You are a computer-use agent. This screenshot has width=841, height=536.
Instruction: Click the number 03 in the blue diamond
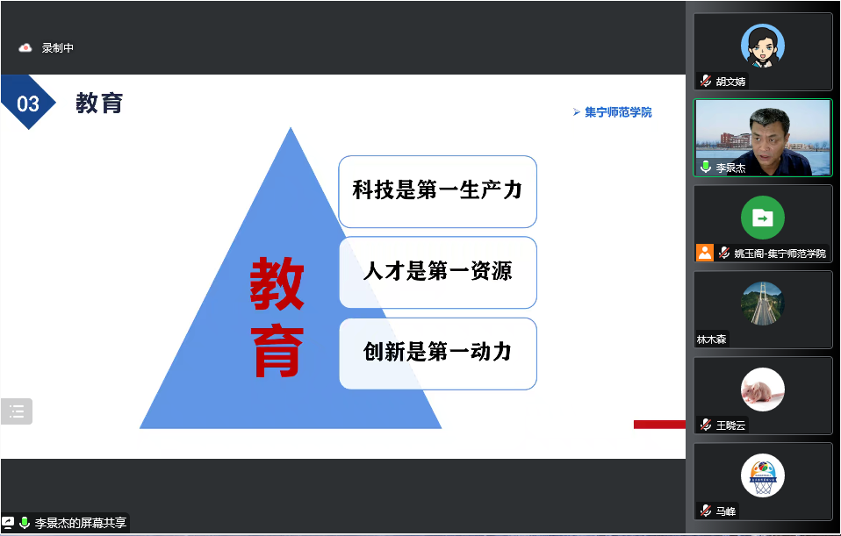click(x=28, y=104)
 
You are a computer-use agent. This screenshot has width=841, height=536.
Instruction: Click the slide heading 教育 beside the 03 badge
click(x=99, y=103)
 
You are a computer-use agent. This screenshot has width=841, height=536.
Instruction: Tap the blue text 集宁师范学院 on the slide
click(x=618, y=112)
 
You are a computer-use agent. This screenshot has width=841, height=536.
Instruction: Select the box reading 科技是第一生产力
click(x=438, y=191)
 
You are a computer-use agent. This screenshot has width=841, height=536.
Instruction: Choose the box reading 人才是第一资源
click(x=438, y=272)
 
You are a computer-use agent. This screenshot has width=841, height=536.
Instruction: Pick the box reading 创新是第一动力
click(x=438, y=354)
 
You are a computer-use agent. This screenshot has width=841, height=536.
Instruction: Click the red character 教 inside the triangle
click(x=277, y=283)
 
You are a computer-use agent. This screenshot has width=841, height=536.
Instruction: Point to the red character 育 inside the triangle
click(x=277, y=351)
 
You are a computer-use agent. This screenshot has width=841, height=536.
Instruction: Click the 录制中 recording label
click(x=58, y=48)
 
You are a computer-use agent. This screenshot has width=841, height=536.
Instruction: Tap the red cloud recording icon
click(x=25, y=48)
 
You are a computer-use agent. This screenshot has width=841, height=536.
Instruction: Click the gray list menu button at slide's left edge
click(x=17, y=411)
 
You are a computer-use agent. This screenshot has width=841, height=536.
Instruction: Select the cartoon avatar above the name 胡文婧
click(x=763, y=46)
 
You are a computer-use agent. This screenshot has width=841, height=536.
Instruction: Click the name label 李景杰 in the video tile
click(x=730, y=168)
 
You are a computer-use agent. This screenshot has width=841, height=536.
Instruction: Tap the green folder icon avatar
click(x=763, y=218)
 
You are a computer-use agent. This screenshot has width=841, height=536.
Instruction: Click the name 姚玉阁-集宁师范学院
click(x=780, y=253)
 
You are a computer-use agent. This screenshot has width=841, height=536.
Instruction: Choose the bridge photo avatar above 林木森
click(x=763, y=304)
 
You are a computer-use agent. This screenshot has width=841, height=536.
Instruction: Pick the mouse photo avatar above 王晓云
click(x=763, y=389)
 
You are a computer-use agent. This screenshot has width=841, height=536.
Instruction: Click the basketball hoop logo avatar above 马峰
click(x=763, y=475)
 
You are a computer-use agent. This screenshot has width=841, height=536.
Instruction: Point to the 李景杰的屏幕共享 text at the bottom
click(x=81, y=523)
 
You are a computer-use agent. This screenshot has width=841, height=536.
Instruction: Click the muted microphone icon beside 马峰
click(x=706, y=511)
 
